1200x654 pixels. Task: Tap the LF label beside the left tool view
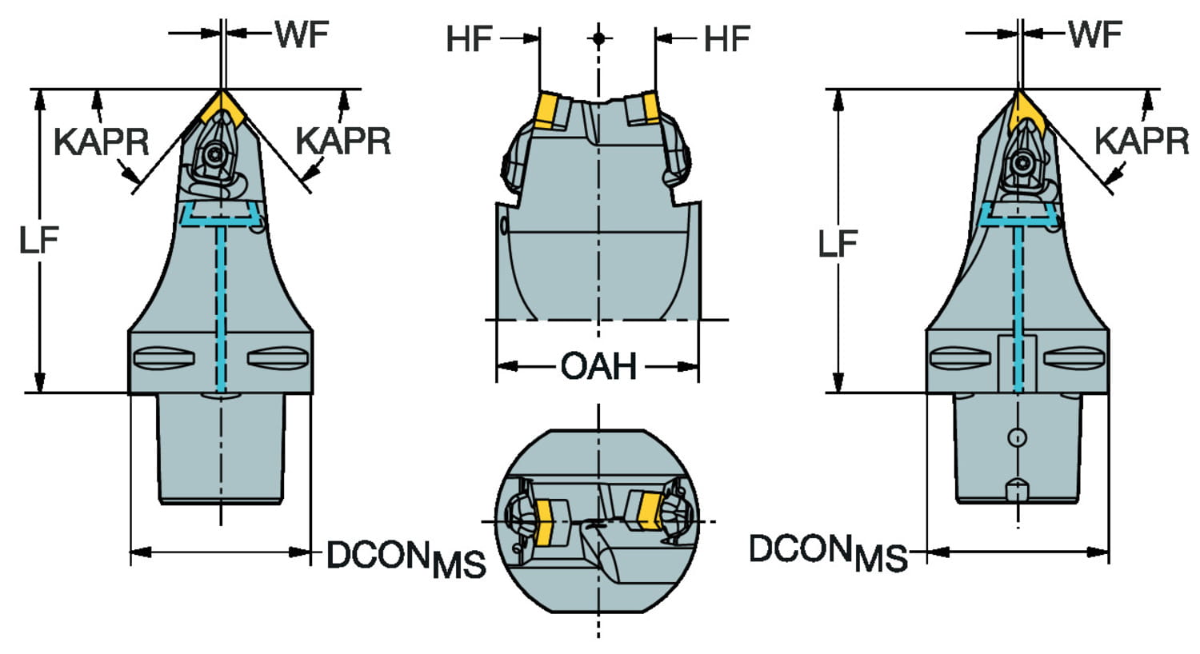click(39, 239)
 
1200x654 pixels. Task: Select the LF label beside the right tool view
click(838, 243)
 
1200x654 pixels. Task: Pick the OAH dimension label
click(598, 367)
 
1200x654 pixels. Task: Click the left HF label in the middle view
click(469, 38)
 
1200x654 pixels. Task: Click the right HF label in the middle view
click(726, 38)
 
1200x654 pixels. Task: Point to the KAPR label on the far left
click(101, 142)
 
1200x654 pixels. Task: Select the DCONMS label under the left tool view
click(406, 558)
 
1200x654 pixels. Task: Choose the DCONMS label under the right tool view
click(827, 552)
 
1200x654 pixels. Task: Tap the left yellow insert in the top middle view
click(548, 110)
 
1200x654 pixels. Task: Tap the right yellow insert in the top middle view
click(646, 108)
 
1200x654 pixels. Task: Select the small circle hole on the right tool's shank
click(1016, 437)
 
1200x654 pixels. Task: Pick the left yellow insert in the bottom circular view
click(548, 521)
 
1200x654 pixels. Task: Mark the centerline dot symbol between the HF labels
click(598, 38)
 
